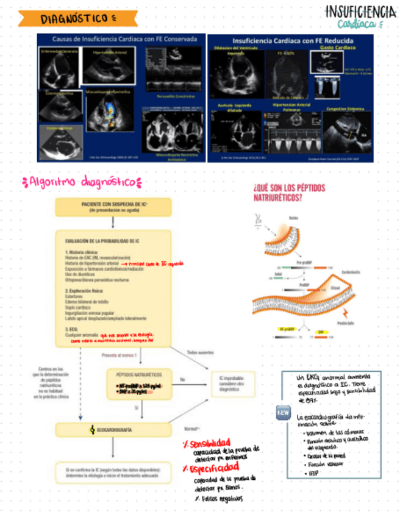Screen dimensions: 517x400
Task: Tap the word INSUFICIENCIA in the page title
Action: click(x=360, y=12)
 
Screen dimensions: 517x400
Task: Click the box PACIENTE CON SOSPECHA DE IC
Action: click(x=112, y=207)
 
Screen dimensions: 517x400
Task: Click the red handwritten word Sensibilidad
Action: click(x=208, y=443)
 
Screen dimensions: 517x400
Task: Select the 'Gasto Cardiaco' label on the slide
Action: click(x=333, y=47)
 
